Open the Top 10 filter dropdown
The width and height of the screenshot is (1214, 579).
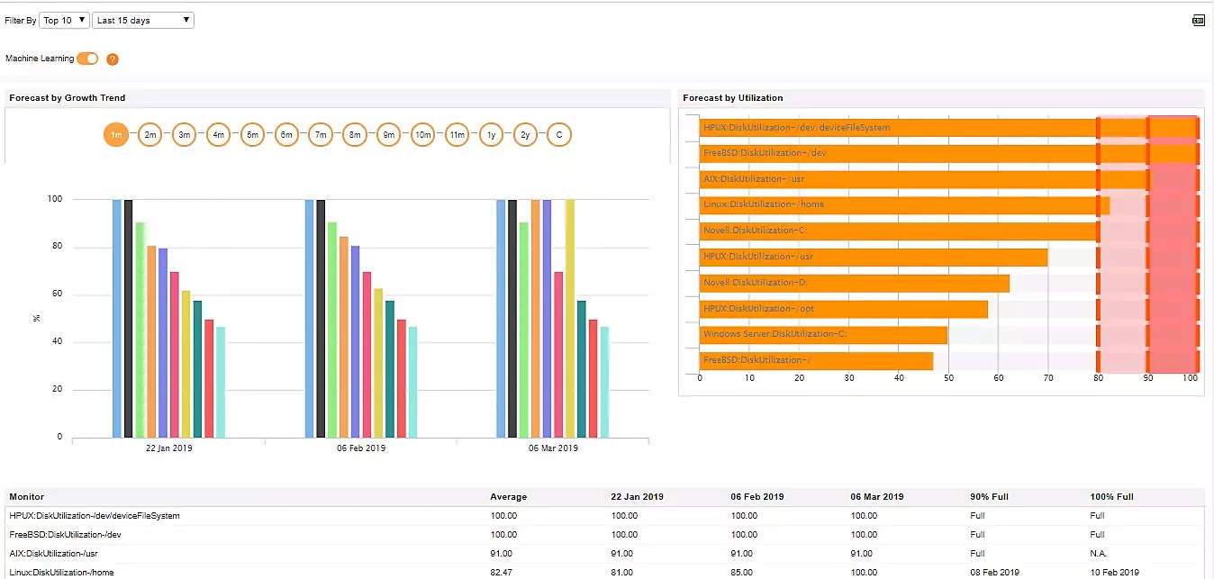click(x=64, y=20)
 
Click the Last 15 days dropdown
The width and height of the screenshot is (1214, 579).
click(x=142, y=20)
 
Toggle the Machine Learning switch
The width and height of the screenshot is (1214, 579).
click(x=87, y=59)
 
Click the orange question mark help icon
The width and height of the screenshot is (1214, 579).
click(x=113, y=59)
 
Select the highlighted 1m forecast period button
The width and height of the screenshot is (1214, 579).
click(x=116, y=135)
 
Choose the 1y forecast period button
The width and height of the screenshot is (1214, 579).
click(x=491, y=135)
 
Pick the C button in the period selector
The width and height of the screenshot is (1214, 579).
click(x=559, y=135)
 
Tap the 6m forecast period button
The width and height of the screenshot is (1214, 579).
click(x=286, y=135)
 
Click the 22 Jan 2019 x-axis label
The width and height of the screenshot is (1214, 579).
click(x=168, y=448)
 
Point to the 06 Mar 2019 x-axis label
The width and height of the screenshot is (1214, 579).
click(x=553, y=448)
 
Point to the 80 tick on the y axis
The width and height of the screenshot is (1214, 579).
click(x=57, y=247)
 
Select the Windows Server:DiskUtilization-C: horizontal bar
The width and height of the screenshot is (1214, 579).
click(x=822, y=335)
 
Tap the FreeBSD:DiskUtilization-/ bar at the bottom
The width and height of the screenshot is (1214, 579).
click(x=815, y=361)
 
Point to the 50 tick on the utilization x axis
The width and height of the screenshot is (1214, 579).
click(x=948, y=378)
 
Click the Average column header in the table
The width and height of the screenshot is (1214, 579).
click(x=508, y=497)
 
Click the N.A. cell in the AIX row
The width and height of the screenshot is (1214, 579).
click(x=1100, y=554)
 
